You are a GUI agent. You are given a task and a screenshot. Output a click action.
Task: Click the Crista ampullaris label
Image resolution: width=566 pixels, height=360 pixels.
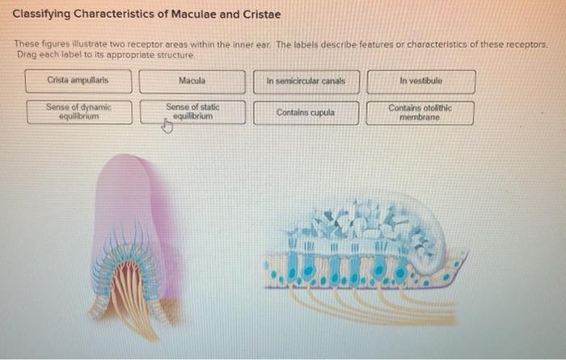click(78, 81)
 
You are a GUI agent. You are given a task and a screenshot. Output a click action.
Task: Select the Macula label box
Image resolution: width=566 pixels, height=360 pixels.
click(192, 81)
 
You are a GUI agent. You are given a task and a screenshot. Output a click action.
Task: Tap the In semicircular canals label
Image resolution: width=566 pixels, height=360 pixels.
click(306, 81)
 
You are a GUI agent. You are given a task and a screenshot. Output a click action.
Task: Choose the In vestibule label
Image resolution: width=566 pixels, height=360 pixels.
click(420, 81)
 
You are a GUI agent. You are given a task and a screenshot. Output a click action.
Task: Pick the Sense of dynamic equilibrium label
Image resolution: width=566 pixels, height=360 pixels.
click(78, 111)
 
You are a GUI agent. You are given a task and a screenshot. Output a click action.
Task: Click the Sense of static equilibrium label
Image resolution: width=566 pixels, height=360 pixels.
click(192, 111)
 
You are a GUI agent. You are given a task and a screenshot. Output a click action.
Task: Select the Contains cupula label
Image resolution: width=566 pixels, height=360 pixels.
click(306, 112)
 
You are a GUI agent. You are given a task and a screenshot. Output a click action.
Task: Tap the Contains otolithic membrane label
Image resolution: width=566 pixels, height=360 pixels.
click(420, 112)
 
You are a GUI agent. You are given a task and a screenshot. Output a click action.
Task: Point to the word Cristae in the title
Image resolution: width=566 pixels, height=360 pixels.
click(258, 15)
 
